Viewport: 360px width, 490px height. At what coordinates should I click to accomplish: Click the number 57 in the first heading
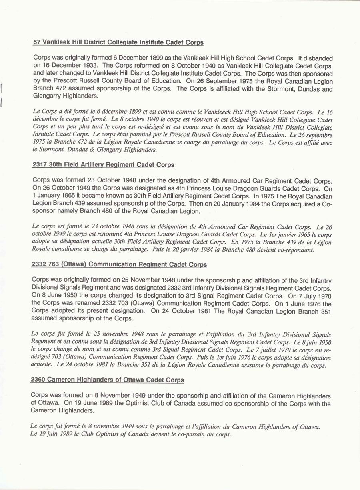[x=37, y=42]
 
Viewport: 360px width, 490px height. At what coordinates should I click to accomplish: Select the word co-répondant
[x=294, y=250]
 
